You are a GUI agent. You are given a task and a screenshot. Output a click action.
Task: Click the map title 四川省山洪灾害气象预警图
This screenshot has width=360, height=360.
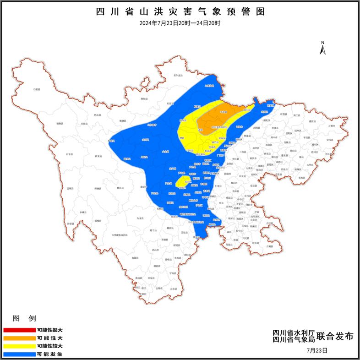(180, 11)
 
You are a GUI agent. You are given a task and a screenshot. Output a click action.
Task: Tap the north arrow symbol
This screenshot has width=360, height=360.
(322, 47)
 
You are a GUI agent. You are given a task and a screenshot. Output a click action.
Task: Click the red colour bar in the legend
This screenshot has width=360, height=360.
(19, 330)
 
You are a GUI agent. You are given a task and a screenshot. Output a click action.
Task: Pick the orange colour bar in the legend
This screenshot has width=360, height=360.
(19, 338)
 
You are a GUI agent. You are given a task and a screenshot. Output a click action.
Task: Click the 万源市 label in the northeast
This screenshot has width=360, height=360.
(331, 125)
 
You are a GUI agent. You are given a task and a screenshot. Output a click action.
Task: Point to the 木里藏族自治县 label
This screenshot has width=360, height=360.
(120, 235)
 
